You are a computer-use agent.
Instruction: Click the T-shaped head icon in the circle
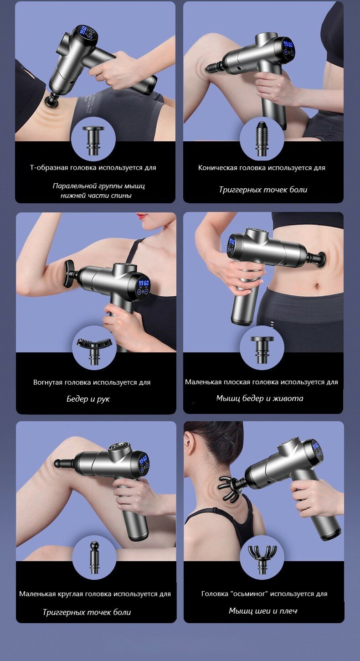coord(93,140)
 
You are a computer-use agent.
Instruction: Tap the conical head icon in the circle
coord(261,139)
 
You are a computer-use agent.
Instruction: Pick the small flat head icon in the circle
coord(262,350)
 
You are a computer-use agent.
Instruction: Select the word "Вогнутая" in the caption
coord(48,382)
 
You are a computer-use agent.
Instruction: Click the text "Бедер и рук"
coord(88,399)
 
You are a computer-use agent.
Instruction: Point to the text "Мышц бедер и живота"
coord(260,398)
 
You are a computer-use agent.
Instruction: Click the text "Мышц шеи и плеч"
coord(263,610)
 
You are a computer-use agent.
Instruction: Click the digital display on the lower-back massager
coord(84,32)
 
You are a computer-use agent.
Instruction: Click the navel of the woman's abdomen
coord(317,286)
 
